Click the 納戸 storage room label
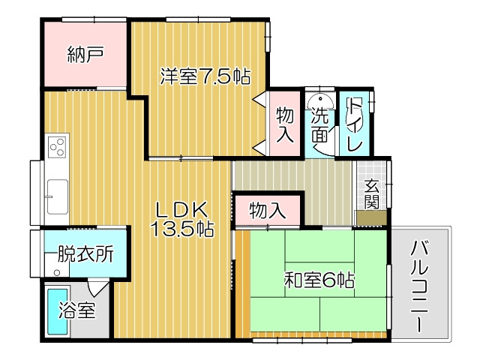pyautogui.click(x=85, y=54)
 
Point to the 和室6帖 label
pyautogui.click(x=319, y=280)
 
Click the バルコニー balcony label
pyautogui.click(x=419, y=287)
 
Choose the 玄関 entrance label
pyautogui.click(x=372, y=194)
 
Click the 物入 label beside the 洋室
pyautogui.click(x=284, y=124)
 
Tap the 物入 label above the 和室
pyautogui.click(x=268, y=210)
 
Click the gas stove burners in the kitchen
pyautogui.click(x=58, y=146)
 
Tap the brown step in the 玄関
pyautogui.click(x=371, y=218)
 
